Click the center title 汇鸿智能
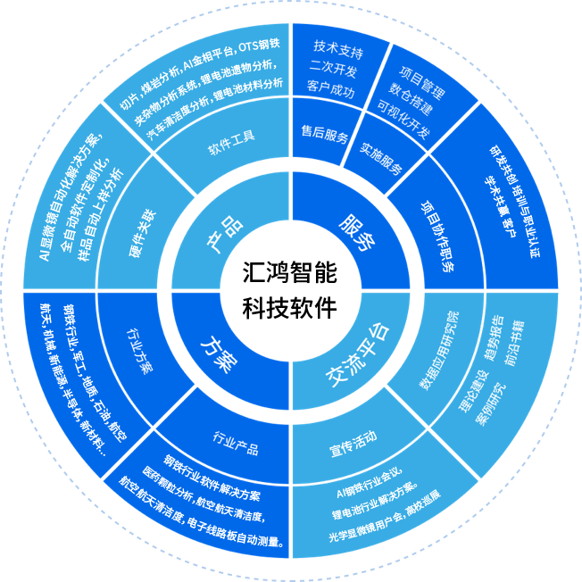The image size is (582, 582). coord(290,270)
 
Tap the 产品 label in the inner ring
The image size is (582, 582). coord(222,235)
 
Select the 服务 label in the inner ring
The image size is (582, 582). coord(356,233)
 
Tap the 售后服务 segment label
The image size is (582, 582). coord(325,137)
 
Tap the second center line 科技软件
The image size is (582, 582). coord(290,308)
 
